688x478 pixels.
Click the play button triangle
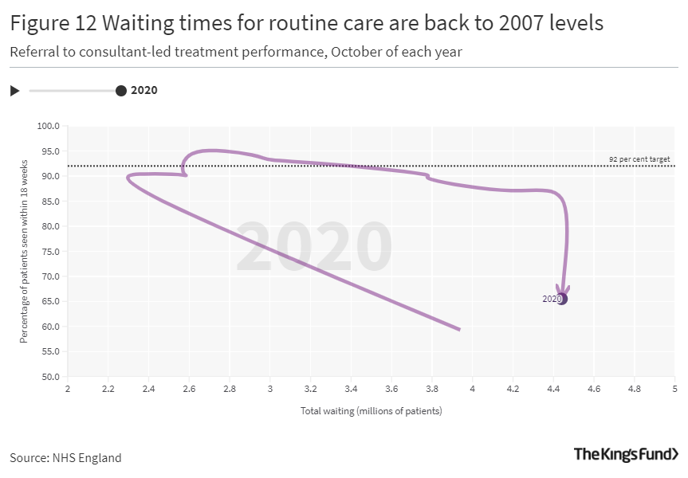pyautogui.click(x=14, y=91)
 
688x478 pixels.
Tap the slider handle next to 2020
pyautogui.click(x=121, y=91)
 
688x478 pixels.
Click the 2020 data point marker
pyautogui.click(x=562, y=299)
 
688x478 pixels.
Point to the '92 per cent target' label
pyautogui.click(x=639, y=159)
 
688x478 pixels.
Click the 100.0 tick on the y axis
pyautogui.click(x=50, y=126)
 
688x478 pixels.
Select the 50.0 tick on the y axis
pyautogui.click(x=50, y=377)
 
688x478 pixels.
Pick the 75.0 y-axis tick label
pyautogui.click(x=50, y=252)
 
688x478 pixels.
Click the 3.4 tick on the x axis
pyautogui.click(x=351, y=390)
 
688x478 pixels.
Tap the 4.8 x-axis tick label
pyautogui.click(x=635, y=390)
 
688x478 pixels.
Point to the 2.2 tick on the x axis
pyautogui.click(x=108, y=390)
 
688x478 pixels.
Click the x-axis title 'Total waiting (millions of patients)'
pyautogui.click(x=371, y=411)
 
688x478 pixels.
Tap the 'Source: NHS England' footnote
pyautogui.click(x=65, y=457)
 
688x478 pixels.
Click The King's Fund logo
pyautogui.click(x=627, y=454)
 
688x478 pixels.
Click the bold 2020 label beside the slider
pyautogui.click(x=144, y=90)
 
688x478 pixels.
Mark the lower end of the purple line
pyautogui.click(x=459, y=329)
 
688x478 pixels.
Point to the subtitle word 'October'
pyautogui.click(x=356, y=53)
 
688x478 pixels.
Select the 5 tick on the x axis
pyautogui.click(x=674, y=390)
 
